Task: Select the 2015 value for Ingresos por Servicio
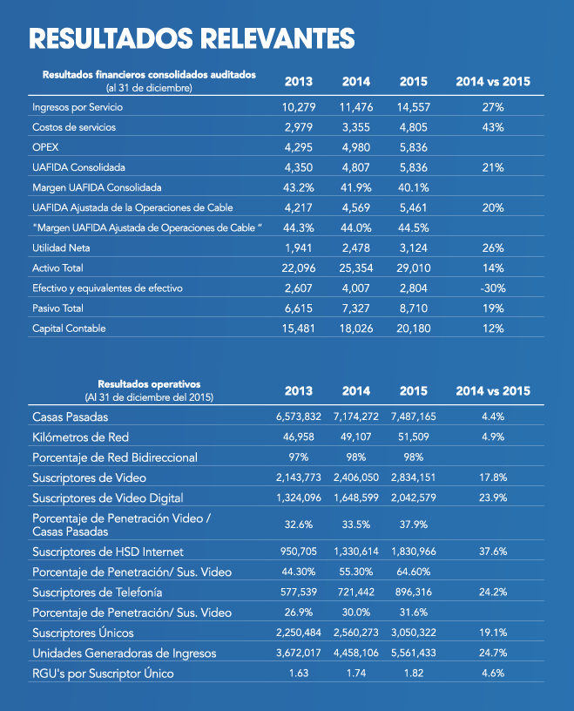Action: click(414, 107)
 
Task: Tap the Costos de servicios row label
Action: click(74, 127)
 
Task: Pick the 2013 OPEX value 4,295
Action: click(299, 147)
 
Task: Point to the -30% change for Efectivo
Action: click(493, 288)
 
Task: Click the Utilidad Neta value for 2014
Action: click(356, 248)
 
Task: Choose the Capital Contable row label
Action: click(69, 328)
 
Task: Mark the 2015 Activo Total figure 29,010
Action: click(414, 268)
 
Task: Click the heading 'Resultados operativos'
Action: click(149, 384)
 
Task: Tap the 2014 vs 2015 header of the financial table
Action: click(493, 82)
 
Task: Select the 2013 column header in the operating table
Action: click(299, 391)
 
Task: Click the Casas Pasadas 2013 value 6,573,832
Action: click(299, 416)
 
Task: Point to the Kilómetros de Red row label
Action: click(80, 437)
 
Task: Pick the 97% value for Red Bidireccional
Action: click(299, 457)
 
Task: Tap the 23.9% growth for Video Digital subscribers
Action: click(493, 498)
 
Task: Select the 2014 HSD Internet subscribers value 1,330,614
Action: click(356, 552)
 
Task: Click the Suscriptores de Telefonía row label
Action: click(97, 592)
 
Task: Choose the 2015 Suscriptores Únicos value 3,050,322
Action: click(414, 633)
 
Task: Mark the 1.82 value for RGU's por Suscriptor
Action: click(414, 673)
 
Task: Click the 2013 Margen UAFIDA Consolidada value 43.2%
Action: click(299, 187)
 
